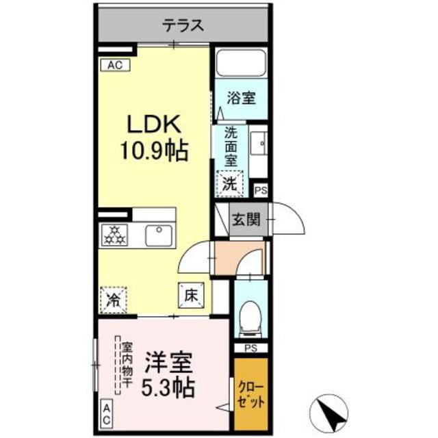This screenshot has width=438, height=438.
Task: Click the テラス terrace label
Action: click(183, 27)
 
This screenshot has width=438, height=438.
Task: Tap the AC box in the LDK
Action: click(114, 65)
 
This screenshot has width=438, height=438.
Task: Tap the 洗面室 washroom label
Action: click(231, 146)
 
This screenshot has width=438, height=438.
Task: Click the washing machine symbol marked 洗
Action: click(231, 183)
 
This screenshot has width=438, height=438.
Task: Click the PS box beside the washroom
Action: click(261, 190)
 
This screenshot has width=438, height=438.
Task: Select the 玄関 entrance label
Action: click(244, 220)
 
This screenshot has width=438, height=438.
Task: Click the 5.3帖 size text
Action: click(168, 387)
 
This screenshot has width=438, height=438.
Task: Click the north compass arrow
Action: click(328, 411)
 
